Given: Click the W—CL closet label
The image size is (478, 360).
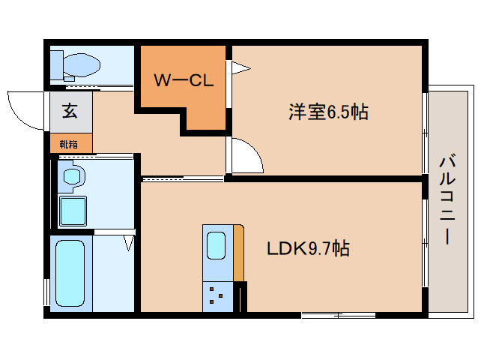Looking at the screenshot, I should [184, 80].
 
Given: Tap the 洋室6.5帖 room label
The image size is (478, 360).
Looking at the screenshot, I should [328, 112].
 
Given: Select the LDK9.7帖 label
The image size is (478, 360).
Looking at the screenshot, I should [308, 247].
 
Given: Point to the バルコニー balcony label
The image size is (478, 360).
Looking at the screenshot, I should [448, 199].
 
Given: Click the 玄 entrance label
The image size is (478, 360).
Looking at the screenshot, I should [70, 112].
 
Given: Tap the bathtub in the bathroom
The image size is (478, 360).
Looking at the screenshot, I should [72, 274].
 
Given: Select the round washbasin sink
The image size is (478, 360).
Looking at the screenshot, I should [73, 177].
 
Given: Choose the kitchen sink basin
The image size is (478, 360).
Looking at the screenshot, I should [216, 244].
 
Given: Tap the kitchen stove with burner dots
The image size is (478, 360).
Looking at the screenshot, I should [217, 296].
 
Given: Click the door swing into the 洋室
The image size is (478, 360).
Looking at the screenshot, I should [246, 156].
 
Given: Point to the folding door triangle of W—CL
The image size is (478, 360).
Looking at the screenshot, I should [239, 68].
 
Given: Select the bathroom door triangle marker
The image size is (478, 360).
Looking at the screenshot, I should [128, 242].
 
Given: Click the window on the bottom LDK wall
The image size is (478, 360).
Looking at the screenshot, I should [338, 313].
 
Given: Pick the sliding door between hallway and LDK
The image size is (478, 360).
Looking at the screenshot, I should [182, 178].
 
